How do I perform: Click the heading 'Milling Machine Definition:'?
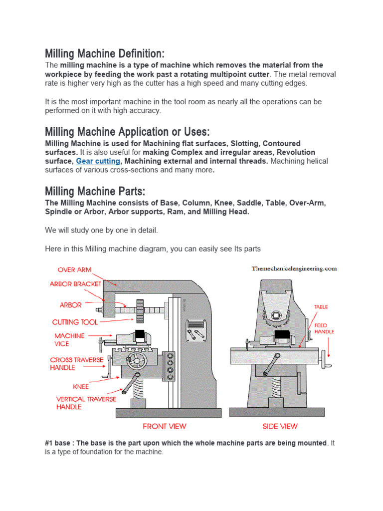coord(104,53)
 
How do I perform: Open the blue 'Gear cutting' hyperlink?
coord(98,161)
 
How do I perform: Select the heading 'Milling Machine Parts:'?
coord(95,191)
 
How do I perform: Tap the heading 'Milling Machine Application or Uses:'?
coord(127,132)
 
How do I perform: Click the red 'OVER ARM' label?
coord(74,269)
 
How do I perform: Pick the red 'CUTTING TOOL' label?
coord(75,322)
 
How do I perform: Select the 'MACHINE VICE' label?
coord(69,340)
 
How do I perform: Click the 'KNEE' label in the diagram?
coord(80,386)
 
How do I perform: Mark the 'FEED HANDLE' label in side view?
coord(324,328)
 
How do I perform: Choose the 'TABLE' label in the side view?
coord(321,307)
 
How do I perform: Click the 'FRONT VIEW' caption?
coord(165,426)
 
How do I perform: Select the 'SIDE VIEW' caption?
coord(280,426)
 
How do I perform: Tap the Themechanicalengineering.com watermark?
coord(294,268)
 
